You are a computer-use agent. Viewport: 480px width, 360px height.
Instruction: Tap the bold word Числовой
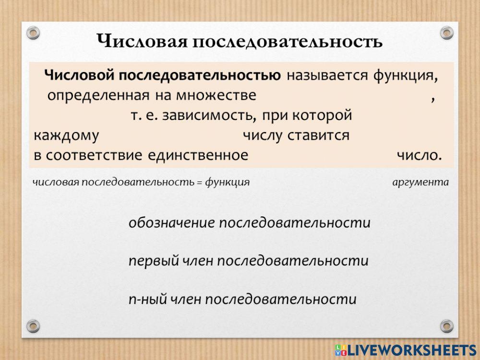[x=79, y=75]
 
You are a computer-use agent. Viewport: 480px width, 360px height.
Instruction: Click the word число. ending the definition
[x=419, y=156]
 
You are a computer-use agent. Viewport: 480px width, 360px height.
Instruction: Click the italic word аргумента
[x=420, y=182]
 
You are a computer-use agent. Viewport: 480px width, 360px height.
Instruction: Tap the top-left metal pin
[x=33, y=33]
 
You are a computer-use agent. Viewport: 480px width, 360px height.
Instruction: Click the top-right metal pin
[x=446, y=33]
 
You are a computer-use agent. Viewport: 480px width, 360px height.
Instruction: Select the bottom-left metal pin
[x=33, y=325]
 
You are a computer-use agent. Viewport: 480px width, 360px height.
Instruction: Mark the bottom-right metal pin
[x=446, y=325]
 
